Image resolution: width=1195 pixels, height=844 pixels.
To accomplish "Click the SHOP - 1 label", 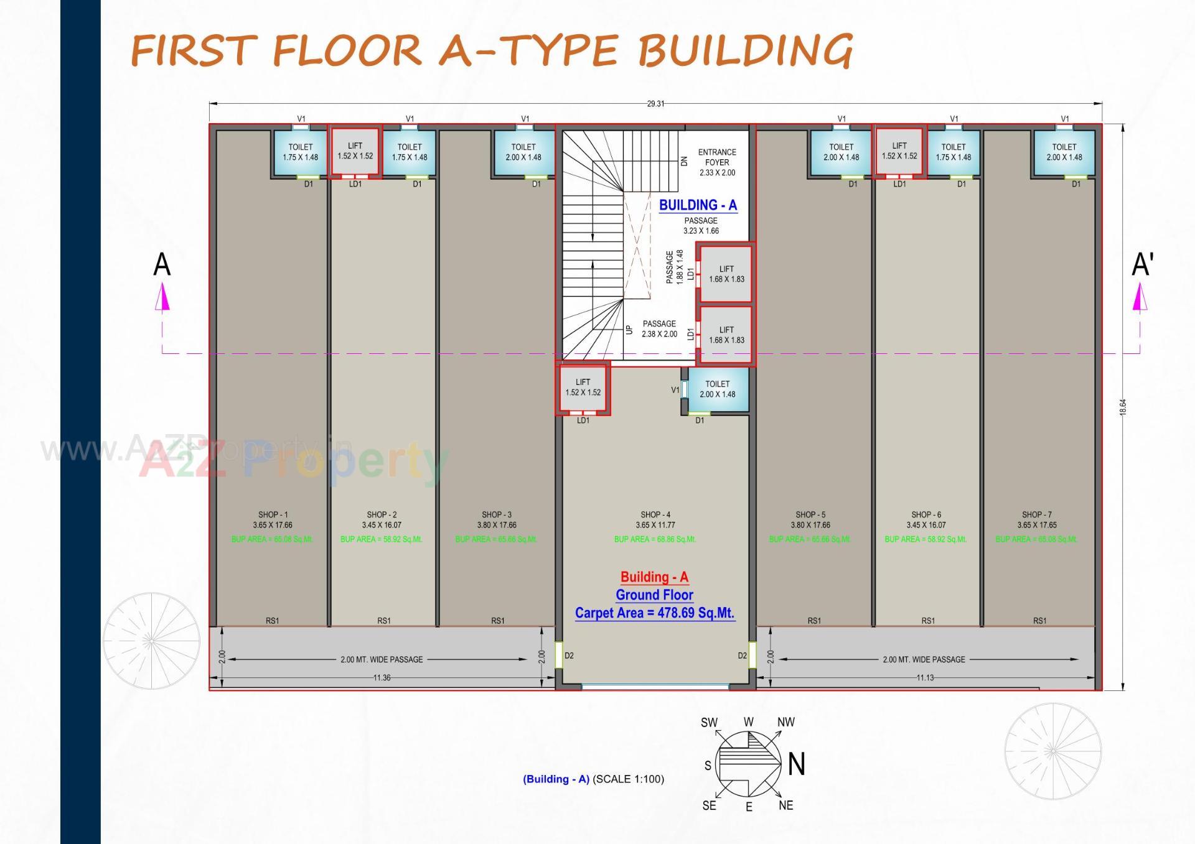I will coord(273,515).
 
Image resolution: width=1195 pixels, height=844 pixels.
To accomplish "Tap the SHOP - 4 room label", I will coord(655,515).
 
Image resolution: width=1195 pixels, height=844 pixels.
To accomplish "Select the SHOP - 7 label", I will coord(1036,515).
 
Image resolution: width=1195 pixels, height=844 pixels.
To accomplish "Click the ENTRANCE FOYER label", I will coord(717,157).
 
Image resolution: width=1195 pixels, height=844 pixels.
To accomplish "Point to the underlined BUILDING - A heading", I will coord(698,205).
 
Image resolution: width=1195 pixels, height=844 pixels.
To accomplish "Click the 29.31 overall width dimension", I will coord(655,104).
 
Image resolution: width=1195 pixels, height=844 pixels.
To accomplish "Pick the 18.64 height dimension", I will coord(1123,407).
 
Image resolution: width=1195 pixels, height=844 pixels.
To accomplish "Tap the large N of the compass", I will coord(797,764).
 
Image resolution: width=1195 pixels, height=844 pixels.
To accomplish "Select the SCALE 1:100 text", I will coord(628,779).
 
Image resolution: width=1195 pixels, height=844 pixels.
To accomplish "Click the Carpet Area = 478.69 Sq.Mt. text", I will coord(655,613).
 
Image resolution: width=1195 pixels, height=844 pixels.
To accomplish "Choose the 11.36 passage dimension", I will coord(382,678).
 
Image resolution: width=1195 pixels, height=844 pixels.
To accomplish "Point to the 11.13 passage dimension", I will coord(925,678).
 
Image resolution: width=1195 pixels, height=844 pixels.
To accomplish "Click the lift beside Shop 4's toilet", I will coord(583,388).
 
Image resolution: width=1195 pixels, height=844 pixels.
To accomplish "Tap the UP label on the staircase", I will coord(629,330).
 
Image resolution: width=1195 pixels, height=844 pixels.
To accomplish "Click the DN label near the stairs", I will coord(684,160).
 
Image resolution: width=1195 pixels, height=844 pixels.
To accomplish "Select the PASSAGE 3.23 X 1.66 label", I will coord(701,226).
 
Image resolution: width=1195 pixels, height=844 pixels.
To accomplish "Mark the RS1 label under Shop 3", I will coord(498,621).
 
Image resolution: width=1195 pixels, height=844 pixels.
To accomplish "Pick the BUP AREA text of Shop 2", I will coord(381,539).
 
